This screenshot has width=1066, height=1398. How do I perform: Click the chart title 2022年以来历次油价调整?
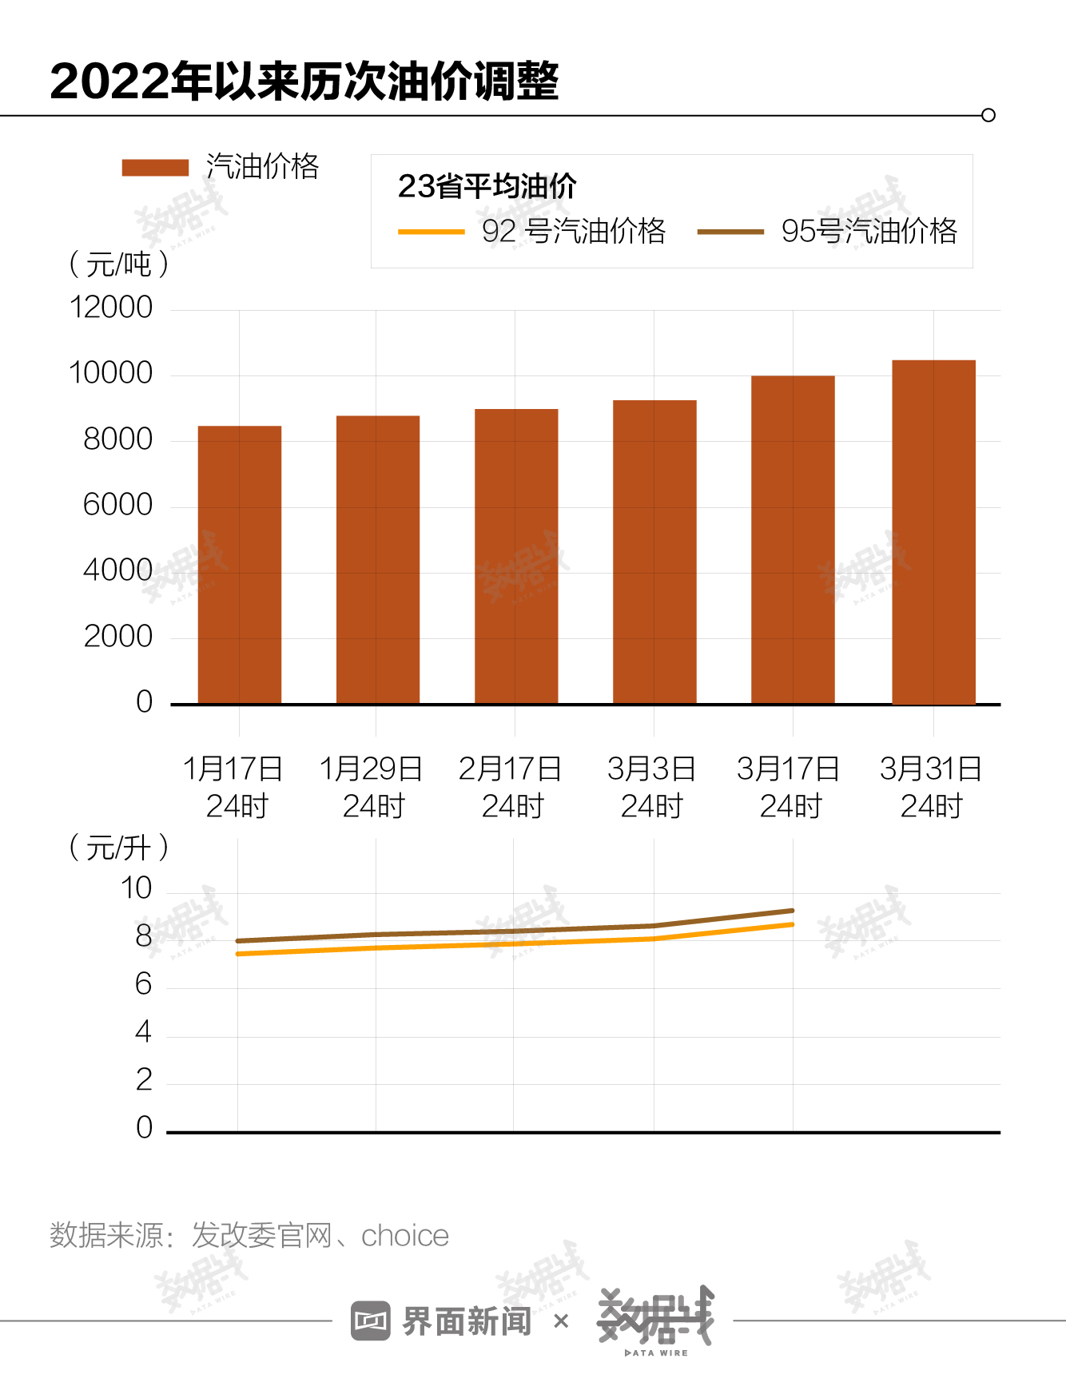[x=304, y=81]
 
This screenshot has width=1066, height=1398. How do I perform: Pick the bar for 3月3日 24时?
[x=654, y=551]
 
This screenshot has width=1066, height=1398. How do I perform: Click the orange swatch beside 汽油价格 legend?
[x=155, y=167]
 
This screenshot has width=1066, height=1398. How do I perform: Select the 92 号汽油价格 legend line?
[x=432, y=232]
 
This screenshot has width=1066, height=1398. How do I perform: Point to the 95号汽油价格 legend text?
[x=869, y=231]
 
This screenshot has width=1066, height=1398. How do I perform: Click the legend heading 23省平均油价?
[x=487, y=186]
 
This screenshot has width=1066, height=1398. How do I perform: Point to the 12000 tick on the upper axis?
[x=111, y=308]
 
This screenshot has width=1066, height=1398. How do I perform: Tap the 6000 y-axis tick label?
[x=117, y=505]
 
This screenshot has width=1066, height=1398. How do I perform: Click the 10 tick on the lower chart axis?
[x=136, y=888]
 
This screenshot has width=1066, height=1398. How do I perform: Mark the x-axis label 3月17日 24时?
[x=789, y=787]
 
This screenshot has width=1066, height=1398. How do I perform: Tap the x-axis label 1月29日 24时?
[x=372, y=787]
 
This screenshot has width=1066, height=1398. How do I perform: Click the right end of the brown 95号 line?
[x=792, y=911]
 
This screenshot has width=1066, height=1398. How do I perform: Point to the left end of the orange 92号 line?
[x=239, y=954]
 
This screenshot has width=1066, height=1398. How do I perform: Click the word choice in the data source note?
[x=405, y=1236]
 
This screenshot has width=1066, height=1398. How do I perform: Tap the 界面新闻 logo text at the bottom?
[x=466, y=1321]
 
